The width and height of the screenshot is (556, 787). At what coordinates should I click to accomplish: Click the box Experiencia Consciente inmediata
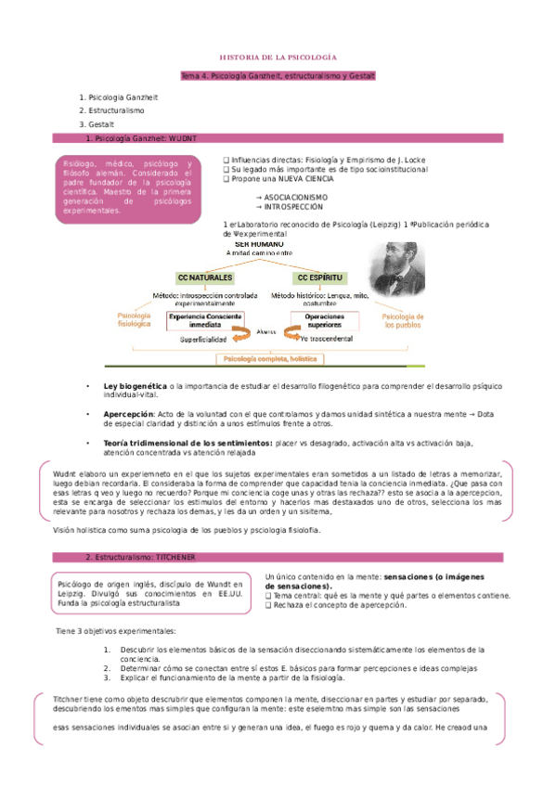pos(209,320)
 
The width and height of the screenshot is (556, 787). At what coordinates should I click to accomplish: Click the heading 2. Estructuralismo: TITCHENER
pos(137,557)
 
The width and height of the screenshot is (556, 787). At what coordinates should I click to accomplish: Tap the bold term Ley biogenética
pos(135,385)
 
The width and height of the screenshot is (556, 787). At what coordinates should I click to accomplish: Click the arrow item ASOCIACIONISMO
pos(290,198)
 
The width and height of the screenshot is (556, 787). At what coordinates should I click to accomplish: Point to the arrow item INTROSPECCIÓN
pos(288,207)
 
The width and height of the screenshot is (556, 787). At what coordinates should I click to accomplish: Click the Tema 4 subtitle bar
pos(278,74)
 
